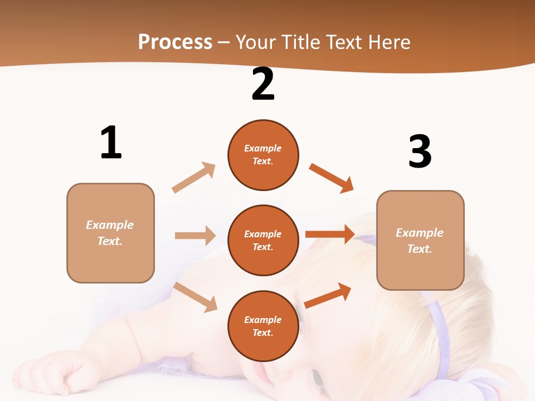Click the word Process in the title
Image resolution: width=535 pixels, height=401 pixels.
coord(175,42)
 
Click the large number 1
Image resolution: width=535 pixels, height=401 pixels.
coord(111,143)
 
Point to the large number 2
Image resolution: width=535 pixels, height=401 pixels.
coord(263,84)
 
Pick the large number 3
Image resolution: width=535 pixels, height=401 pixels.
coord(420,151)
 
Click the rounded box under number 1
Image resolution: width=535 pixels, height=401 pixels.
coord(110,233)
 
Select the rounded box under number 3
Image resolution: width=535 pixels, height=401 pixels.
coord(420,241)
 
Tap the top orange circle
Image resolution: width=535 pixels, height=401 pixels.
coord(263,155)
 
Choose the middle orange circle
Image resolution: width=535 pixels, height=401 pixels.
coord(263,241)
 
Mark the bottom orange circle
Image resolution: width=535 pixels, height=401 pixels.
coord(263,326)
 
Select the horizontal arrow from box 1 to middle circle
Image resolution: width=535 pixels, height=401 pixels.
coord(195,236)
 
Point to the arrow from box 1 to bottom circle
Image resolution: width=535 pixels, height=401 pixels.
coord(195,297)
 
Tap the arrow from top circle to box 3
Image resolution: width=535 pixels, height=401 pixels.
coord(331,178)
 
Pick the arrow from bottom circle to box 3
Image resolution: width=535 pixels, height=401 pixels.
coord(328,295)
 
